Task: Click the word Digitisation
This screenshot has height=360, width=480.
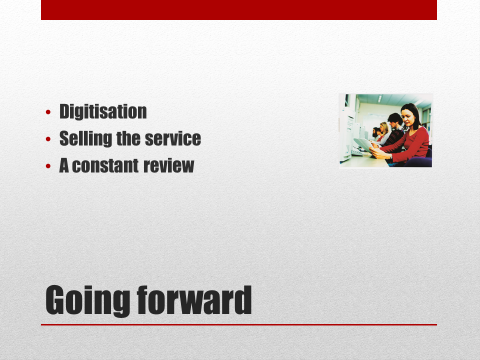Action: (103, 111)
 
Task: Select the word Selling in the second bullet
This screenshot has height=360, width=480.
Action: (85, 138)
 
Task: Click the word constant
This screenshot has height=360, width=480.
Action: (105, 165)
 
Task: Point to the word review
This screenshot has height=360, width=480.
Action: (168, 165)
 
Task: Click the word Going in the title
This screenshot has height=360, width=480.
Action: (88, 300)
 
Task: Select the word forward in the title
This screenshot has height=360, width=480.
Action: (194, 300)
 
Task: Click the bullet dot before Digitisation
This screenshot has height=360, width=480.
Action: (48, 112)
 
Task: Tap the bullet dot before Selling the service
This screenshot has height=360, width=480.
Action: (48, 139)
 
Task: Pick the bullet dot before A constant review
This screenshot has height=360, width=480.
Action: (48, 166)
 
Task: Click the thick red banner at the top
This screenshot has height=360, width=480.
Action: (239, 10)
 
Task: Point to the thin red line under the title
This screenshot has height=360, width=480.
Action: (239, 324)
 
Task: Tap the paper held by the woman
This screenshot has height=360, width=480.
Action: (363, 144)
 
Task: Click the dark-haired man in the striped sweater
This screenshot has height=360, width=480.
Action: (394, 130)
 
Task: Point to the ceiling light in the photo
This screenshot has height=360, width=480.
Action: (380, 98)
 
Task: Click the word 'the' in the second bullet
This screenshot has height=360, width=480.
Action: (128, 138)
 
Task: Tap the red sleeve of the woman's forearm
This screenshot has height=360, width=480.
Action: (398, 149)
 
